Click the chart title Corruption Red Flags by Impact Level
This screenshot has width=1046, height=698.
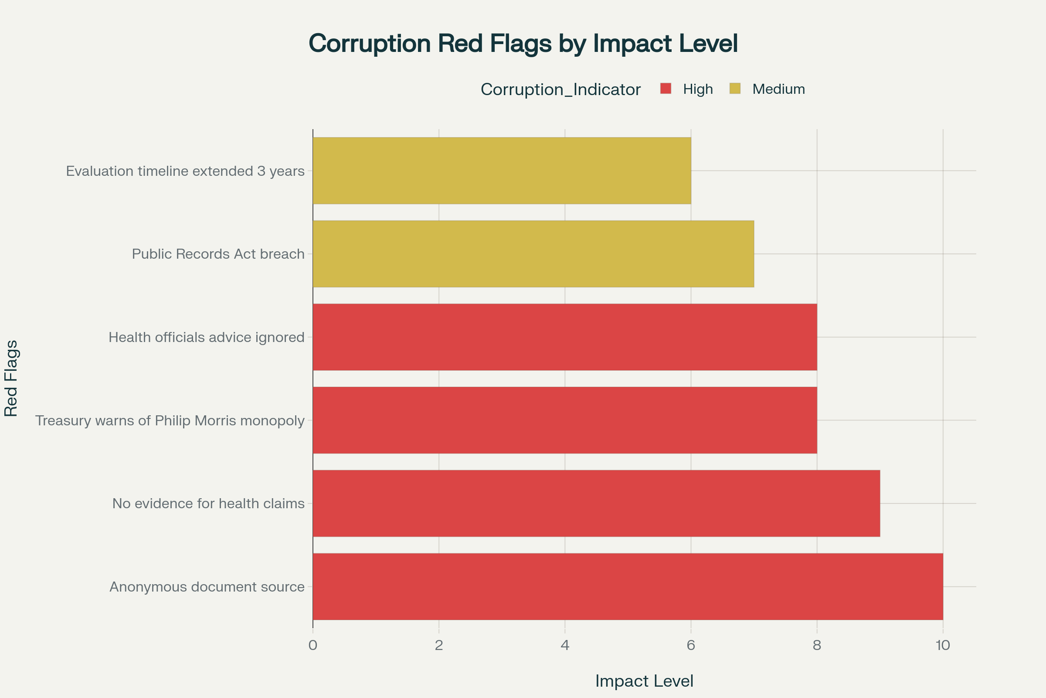[x=523, y=44]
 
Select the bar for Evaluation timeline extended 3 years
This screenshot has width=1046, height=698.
[x=502, y=171]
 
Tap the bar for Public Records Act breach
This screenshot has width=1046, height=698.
[x=533, y=254]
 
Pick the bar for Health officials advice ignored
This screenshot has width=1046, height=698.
[x=565, y=337]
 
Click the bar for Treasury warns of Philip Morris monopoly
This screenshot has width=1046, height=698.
[x=565, y=420]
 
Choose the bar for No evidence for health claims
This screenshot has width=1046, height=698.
[x=596, y=503]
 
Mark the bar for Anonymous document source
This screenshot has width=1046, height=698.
[x=628, y=587]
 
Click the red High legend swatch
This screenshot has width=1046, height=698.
[x=666, y=89]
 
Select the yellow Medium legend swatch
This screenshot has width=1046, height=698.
[x=735, y=89]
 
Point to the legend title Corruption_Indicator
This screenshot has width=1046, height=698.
[x=560, y=89]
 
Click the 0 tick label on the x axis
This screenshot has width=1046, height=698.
[x=312, y=646]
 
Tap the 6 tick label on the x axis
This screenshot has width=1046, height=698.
[x=691, y=646]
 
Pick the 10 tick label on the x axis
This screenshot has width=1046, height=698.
[x=942, y=646]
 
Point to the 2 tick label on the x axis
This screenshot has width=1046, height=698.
[x=439, y=646]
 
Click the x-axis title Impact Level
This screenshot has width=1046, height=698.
[x=644, y=681]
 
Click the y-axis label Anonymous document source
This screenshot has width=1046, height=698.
[x=207, y=587]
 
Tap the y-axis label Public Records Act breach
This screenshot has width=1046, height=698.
[x=218, y=254]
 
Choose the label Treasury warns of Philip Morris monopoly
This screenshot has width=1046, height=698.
[x=170, y=420]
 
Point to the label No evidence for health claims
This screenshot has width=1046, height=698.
[x=208, y=503]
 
